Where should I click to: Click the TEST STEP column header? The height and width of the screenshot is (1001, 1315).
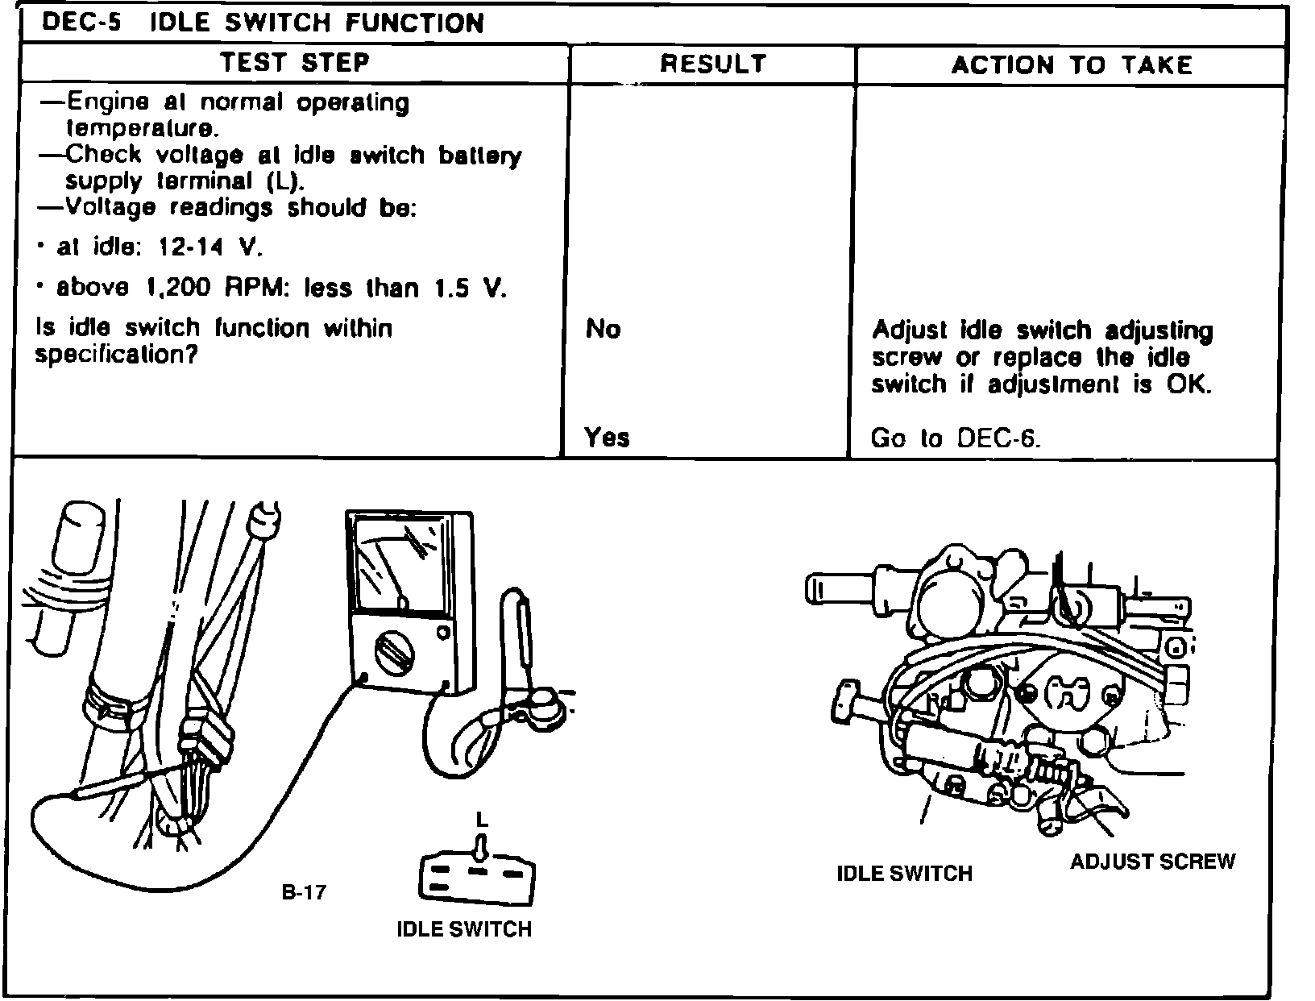coord(295,63)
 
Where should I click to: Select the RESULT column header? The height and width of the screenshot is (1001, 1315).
coord(712,64)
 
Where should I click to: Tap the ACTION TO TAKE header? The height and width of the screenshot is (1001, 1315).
coord(1071,64)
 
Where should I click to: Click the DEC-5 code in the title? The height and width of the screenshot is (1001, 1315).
coord(81,22)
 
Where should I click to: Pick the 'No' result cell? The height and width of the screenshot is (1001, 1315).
coord(604,329)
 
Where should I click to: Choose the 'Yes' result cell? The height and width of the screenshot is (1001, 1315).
coord(607,438)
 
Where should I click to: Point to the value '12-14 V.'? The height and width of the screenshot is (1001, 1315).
coord(211,247)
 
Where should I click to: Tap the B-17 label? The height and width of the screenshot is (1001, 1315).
coord(304,892)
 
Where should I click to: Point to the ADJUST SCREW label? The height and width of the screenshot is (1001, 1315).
coord(1152,862)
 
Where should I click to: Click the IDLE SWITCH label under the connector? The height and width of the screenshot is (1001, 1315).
coord(464,929)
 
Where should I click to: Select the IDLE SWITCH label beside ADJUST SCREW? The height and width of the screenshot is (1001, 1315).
coord(904,874)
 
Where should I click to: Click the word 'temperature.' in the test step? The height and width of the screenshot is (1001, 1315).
coord(141,128)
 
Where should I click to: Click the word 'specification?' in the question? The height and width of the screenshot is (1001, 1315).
coord(116,355)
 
